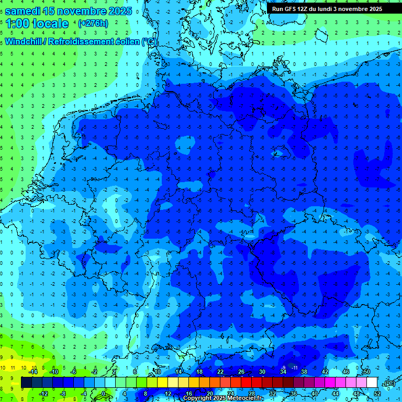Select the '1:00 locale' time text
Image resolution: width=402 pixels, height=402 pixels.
click(37, 24)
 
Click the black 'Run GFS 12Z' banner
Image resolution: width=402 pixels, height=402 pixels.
click(327, 9)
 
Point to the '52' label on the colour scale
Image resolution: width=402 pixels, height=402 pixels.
click(377, 394)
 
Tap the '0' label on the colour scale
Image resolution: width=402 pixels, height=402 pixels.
click(104, 394)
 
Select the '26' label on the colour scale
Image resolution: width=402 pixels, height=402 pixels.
click(241, 372)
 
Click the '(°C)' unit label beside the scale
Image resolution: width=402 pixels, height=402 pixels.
click(388, 383)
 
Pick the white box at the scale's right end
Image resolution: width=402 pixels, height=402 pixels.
click(372, 383)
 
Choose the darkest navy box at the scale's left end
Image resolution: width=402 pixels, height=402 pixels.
click(26, 383)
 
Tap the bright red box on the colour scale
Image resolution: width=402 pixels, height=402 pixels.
click(246, 383)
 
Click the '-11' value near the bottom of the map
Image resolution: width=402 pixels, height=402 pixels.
click(294, 368)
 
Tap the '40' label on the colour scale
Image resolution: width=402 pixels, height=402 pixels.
click(314, 394)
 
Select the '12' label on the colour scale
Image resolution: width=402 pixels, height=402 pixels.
click(167, 394)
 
